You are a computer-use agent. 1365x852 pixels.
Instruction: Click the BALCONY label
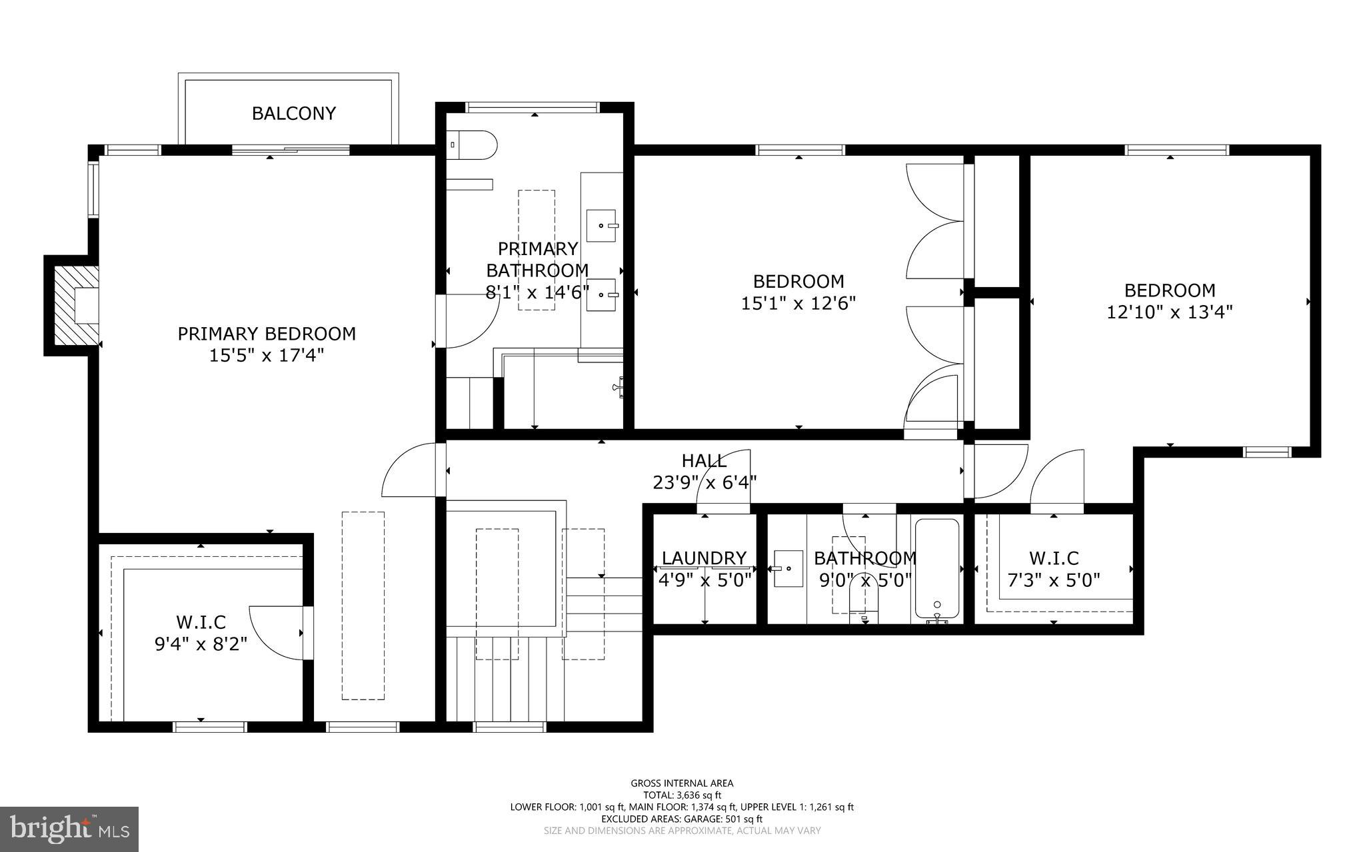click(x=293, y=113)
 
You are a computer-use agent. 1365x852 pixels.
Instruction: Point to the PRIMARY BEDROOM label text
click(x=267, y=334)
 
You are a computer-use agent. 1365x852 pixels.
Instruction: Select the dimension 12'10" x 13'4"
click(x=1170, y=312)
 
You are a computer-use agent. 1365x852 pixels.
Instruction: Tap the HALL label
click(x=704, y=460)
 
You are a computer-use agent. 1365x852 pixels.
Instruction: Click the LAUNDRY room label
click(x=704, y=558)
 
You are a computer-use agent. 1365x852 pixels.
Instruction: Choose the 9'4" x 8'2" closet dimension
click(x=201, y=644)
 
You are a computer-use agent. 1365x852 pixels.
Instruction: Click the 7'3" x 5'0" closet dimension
click(x=1053, y=580)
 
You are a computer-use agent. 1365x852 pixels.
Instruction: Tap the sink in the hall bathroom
click(x=788, y=568)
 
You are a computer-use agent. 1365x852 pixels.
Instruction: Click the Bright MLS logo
click(x=69, y=829)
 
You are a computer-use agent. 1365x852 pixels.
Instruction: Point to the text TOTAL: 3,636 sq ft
click(x=682, y=795)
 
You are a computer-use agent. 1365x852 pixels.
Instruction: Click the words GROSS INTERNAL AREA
click(x=682, y=783)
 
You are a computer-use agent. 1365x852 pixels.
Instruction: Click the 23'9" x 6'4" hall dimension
click(x=704, y=482)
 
